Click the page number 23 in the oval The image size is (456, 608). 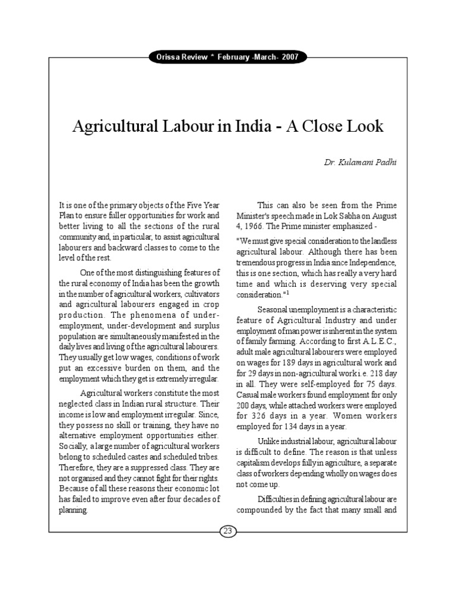(227, 530)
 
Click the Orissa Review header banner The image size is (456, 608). (227, 57)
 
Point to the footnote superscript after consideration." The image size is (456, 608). (289, 293)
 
